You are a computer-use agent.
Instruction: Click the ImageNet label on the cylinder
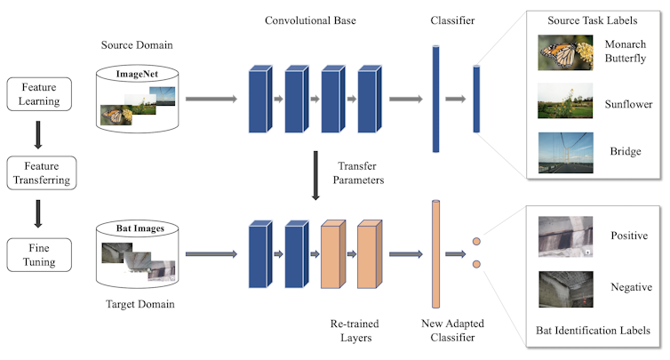[x=137, y=76]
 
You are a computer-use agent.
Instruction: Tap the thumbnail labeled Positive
[x=565, y=236]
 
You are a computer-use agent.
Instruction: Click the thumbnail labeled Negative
[x=565, y=288]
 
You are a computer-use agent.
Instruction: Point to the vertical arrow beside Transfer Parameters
[x=315, y=174]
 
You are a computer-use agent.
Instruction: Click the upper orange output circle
[x=476, y=241]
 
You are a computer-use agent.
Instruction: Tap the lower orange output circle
[x=476, y=264]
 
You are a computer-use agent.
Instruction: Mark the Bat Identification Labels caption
[x=594, y=330]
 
